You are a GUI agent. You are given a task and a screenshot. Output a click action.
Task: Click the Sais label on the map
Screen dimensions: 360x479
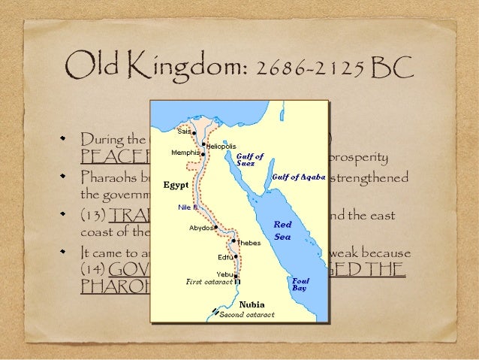tap(184, 131)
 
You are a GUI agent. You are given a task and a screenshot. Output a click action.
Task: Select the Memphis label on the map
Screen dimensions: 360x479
tap(185, 153)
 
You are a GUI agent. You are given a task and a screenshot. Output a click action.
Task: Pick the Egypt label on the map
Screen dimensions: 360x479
tap(176, 184)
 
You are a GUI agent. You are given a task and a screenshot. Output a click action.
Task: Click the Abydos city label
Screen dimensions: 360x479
tap(200, 227)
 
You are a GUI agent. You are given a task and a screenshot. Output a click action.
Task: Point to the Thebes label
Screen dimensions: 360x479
tap(249, 243)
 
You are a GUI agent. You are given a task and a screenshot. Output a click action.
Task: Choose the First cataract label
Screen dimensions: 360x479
tap(209, 282)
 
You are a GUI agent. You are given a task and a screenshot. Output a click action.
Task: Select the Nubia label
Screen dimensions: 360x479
tap(251, 304)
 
